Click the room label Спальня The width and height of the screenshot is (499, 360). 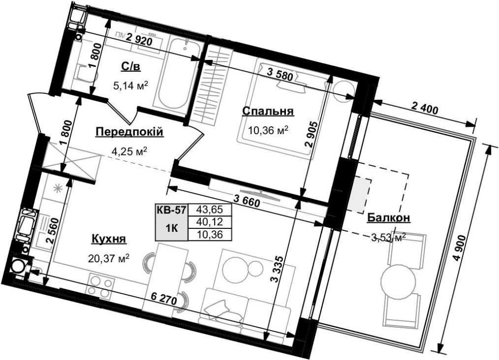(267, 111)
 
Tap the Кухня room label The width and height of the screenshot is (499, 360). (109, 238)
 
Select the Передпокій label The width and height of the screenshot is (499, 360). (130, 132)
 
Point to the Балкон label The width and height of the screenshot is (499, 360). (388, 217)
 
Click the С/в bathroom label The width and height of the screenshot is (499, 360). (131, 66)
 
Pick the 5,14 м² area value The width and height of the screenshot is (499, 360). (131, 85)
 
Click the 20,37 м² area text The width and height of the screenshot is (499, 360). (109, 258)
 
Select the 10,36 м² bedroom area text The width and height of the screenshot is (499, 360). (268, 130)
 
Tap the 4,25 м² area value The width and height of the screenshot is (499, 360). (130, 151)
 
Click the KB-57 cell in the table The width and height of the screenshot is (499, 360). (172, 209)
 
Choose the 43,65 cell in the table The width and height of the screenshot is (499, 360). (210, 209)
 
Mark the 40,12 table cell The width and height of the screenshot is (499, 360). (210, 221)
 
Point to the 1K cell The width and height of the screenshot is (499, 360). (172, 228)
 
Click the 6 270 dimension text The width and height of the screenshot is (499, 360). (164, 299)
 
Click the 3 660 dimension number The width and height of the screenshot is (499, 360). (247, 200)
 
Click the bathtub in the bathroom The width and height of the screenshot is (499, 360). (178, 73)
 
